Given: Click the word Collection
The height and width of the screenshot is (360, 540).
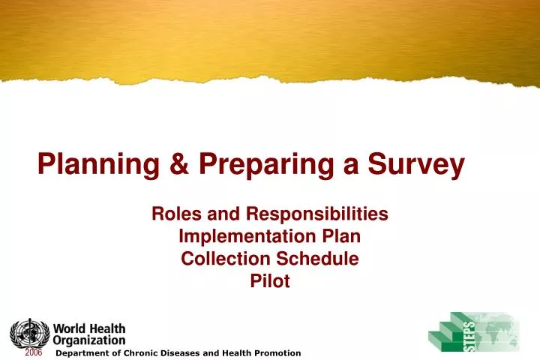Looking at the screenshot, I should (x=220, y=259).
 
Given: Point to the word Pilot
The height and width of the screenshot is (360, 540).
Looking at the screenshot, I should (x=270, y=282).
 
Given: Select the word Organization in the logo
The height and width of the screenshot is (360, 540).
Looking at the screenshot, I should (x=89, y=340).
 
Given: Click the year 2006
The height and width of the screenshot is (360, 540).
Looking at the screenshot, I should (x=34, y=352).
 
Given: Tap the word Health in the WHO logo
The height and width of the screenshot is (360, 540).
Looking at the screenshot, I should (x=108, y=328).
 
